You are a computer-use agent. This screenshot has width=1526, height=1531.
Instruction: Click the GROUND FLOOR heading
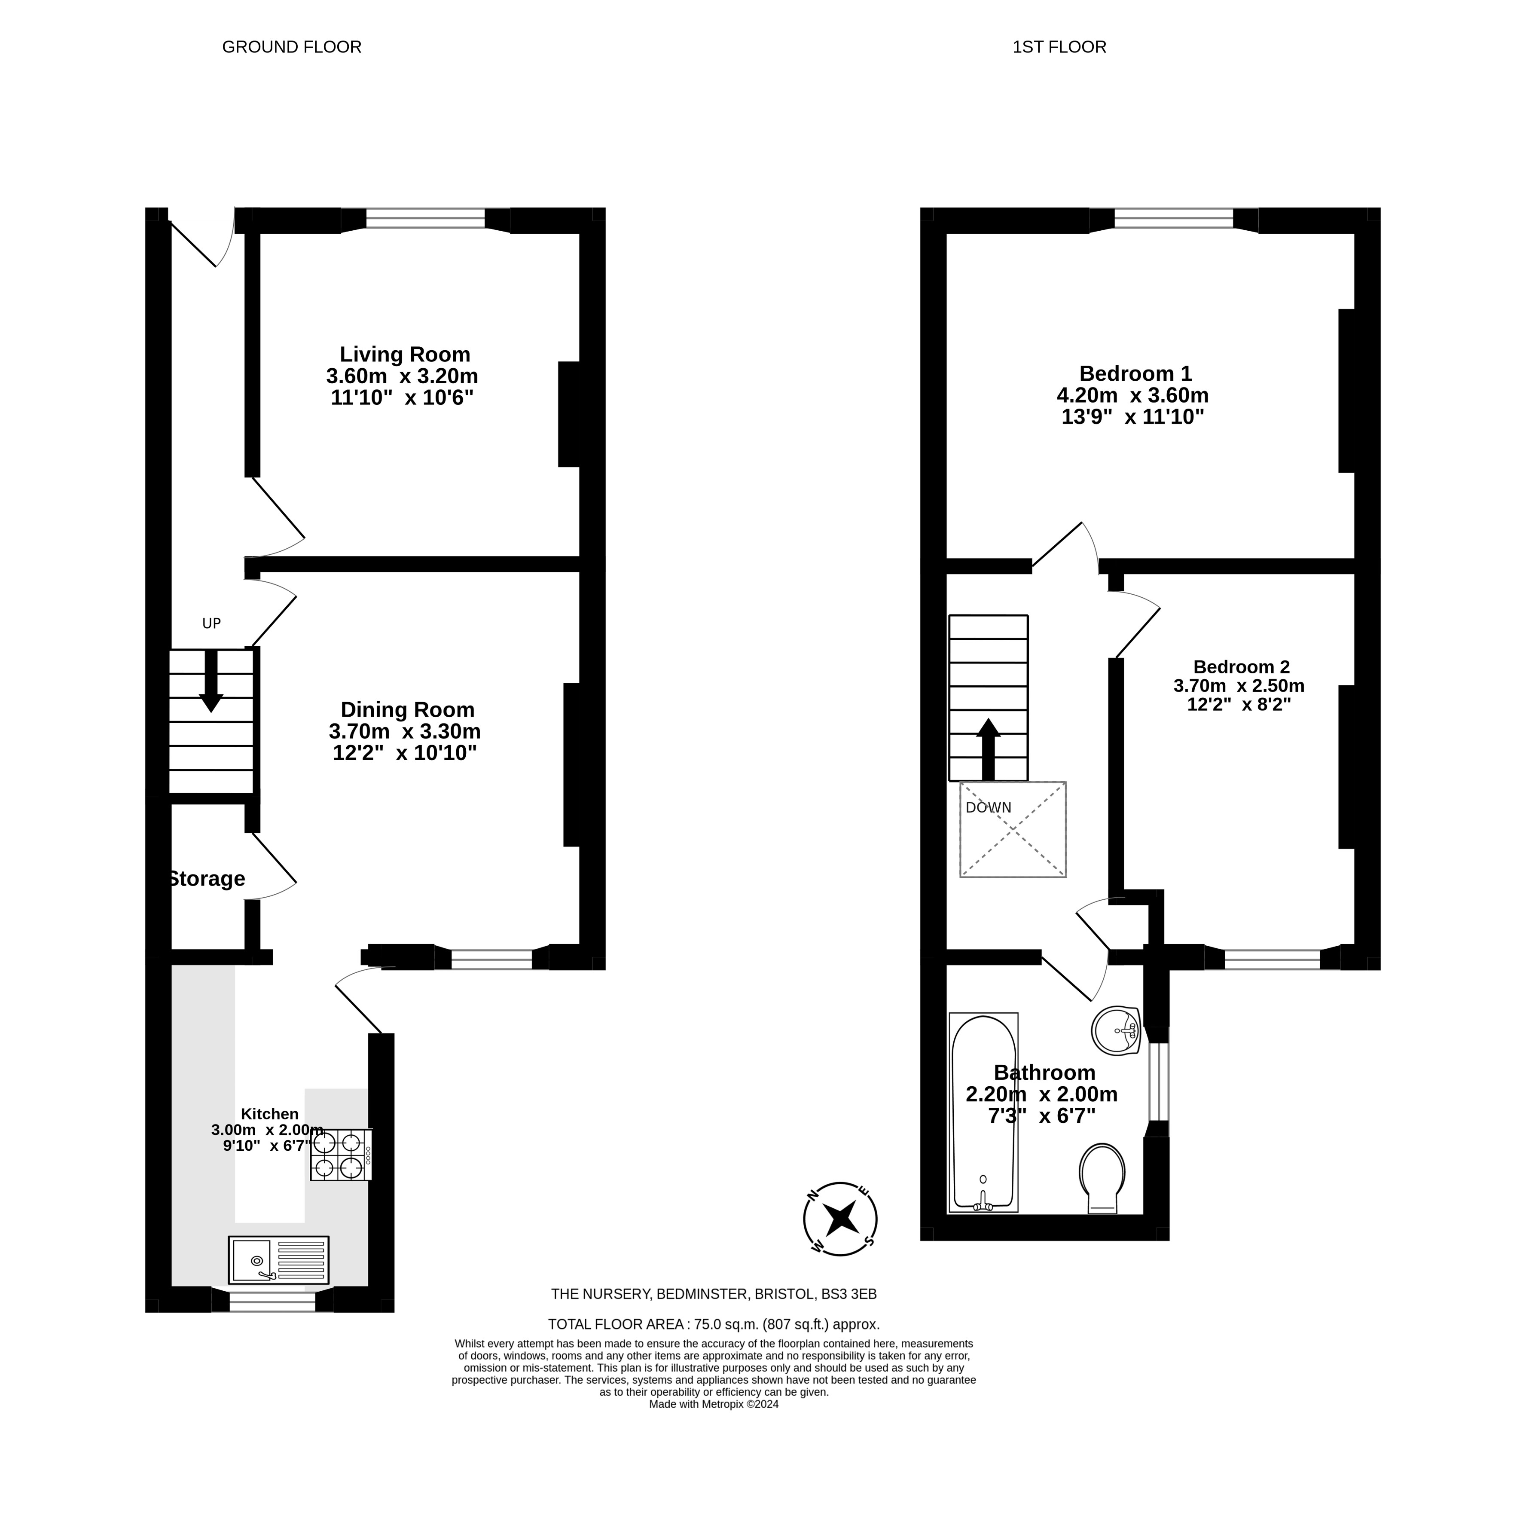click(292, 47)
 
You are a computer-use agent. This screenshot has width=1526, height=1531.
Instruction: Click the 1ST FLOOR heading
click(1059, 47)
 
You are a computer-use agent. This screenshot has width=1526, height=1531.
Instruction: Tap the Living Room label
click(405, 354)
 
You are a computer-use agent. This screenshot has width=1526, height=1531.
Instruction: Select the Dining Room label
click(407, 709)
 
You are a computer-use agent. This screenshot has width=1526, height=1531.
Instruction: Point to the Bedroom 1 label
click(1135, 373)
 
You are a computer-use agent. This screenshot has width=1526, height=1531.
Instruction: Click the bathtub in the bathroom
click(983, 1112)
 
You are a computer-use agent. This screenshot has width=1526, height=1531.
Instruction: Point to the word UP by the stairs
click(211, 623)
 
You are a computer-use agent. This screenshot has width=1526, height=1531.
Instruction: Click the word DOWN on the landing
click(988, 807)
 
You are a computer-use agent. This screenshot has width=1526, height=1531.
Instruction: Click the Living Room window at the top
click(425, 219)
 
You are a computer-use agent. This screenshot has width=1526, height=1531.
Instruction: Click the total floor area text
click(714, 1324)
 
